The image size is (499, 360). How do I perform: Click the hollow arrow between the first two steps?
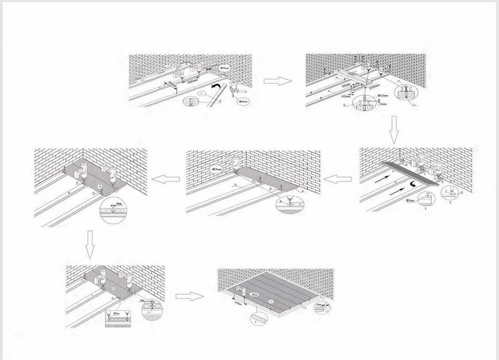tap(278, 81)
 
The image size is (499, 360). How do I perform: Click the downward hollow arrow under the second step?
tap(394, 130)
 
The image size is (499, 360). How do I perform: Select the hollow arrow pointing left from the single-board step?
tap(338, 179)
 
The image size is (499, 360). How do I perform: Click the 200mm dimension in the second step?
tap(374, 87)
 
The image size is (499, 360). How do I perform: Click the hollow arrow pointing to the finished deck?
tap(190, 296)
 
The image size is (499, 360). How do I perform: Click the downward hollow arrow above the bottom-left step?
tap(90, 245)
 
